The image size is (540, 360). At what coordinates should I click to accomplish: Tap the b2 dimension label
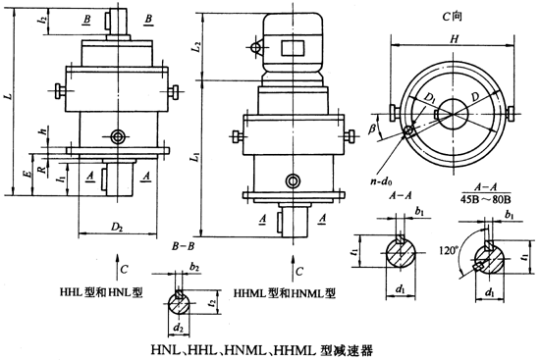tap(194, 266)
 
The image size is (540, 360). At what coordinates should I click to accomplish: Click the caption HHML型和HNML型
tap(285, 292)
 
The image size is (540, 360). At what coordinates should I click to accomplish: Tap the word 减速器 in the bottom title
tap(355, 347)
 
